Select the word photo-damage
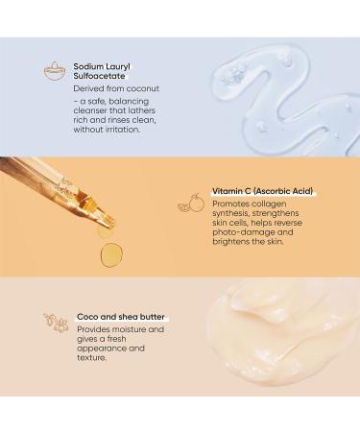(245, 230)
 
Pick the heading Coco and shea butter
(124, 317)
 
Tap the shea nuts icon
(56, 324)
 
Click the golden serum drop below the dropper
(110, 253)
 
